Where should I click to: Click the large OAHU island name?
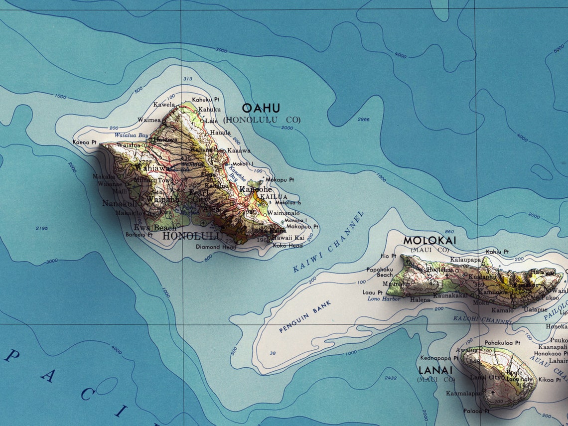coord(261,108)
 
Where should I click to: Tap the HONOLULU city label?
coord(192,236)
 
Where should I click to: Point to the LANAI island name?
coord(435,370)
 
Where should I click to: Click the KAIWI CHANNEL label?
coord(329,242)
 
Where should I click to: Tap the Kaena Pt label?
coord(84,142)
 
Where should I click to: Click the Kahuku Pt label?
coord(205,100)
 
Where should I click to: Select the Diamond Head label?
coord(216,247)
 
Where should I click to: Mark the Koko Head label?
coord(287,246)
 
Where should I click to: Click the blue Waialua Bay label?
coord(132,135)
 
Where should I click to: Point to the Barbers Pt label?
coord(139,234)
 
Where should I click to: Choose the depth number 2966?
coord(364,120)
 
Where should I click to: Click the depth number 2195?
coord(42,228)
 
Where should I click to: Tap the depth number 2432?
coord(391,378)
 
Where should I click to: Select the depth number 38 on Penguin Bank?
coord(273,353)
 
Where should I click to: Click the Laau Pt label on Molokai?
coord(372,292)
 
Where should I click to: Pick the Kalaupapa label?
coord(466,260)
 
